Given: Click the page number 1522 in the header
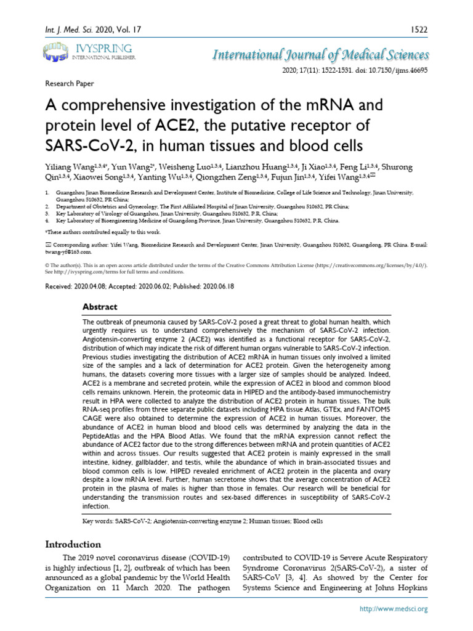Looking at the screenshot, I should (x=418, y=29).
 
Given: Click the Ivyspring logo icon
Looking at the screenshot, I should (x=57, y=52).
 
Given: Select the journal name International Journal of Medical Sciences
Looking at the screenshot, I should (x=320, y=55).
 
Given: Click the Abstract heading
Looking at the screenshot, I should (x=100, y=307).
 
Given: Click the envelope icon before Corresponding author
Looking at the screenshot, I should (x=49, y=245).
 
